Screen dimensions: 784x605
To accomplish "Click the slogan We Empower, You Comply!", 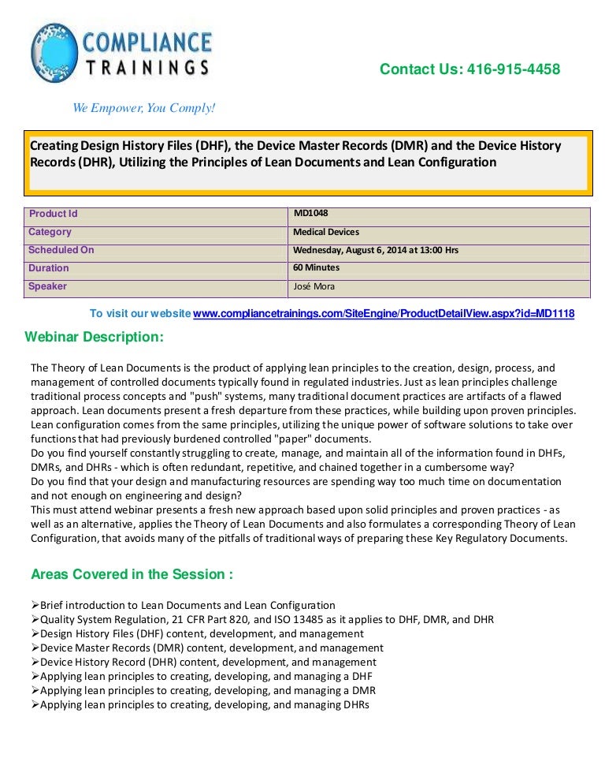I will pos(143,107).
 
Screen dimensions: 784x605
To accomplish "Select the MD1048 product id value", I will pos(310,213).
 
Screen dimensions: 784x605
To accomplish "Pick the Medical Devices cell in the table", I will pos(325,232).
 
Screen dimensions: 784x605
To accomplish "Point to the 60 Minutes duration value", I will pos(316,267).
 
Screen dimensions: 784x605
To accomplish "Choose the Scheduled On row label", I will pos(61,250).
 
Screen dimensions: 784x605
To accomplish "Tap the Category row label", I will pos(50,232).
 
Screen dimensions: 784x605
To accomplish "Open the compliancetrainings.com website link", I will pos(384,314).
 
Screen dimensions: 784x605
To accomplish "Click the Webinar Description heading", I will pos(95,338).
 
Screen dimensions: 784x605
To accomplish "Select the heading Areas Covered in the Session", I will pos(132,574).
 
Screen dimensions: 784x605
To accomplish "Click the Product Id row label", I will pos(53,214).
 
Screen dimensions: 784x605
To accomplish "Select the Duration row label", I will pos(49,268).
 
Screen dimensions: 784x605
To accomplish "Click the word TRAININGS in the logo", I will pos(147,67).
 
